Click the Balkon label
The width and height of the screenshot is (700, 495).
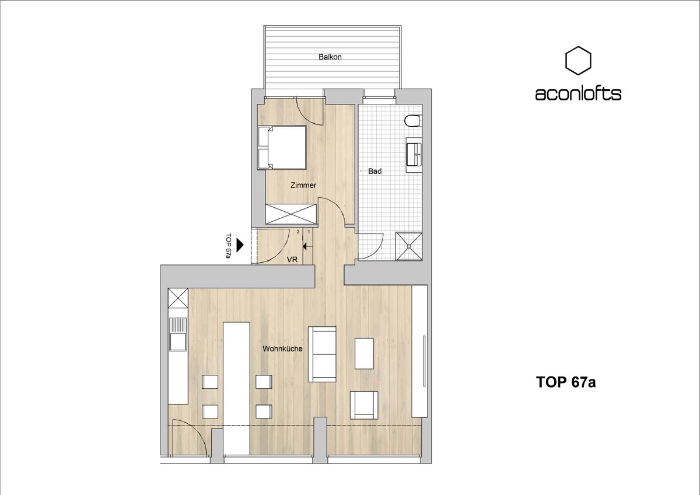coord(330,57)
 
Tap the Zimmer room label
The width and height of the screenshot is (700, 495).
coord(303,185)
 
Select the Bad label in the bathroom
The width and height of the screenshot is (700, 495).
coord(374,171)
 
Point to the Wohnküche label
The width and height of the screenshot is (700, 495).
coord(282,348)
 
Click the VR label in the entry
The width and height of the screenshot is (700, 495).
coord(292,260)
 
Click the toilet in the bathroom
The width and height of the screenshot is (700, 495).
coord(412,121)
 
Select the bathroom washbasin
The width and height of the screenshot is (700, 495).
coord(414,154)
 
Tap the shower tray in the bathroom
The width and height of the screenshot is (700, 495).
coord(409,246)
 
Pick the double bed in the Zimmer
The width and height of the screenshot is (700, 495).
coord(281,148)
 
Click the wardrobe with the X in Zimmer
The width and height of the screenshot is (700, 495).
coord(291,214)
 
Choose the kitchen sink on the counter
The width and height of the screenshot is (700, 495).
coord(178,334)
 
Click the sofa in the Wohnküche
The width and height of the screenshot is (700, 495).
coord(322,354)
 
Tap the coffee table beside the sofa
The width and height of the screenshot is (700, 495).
coord(364,353)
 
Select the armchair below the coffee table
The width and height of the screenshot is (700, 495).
coord(364,405)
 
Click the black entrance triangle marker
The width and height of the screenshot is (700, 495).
coord(240,245)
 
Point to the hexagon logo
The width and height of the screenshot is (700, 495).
coord(578,61)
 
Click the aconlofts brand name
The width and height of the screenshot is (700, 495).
coord(578,93)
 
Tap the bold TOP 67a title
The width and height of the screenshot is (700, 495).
coord(566,382)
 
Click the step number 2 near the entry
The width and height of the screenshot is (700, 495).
coord(298,232)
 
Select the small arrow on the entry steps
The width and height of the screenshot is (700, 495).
coord(308,247)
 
